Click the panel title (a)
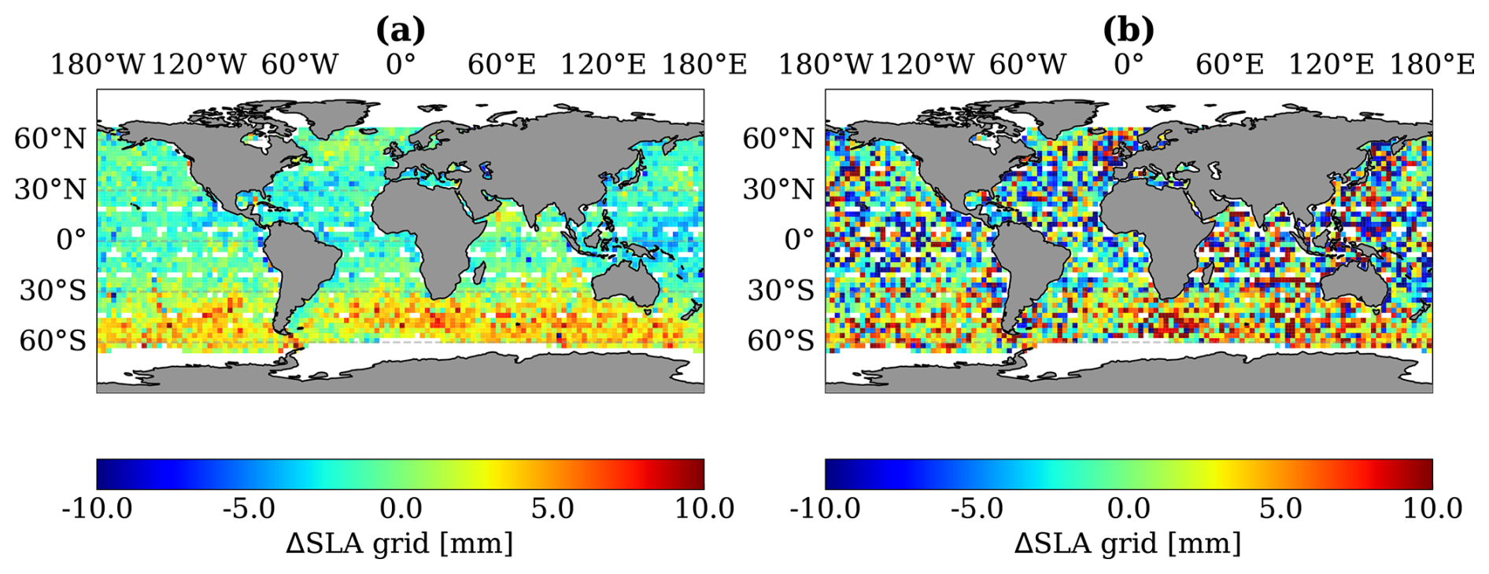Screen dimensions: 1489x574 401,30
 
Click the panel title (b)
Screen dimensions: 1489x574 1129,30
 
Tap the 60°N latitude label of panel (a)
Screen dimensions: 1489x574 50,138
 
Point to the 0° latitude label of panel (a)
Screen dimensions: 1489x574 71,239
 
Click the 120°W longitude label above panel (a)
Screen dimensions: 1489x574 198,64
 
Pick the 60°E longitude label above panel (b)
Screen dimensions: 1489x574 1229,64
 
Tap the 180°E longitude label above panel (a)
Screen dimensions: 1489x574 704,64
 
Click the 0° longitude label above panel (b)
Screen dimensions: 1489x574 1129,64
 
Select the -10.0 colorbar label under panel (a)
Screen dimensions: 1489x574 97,509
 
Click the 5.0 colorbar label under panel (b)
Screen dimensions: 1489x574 1280,509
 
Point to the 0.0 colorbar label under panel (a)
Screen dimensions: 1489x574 401,509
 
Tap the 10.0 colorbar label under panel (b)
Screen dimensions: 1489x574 1432,509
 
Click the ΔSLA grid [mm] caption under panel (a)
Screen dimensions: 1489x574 400,543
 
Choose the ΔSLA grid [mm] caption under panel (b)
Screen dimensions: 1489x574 1128,543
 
